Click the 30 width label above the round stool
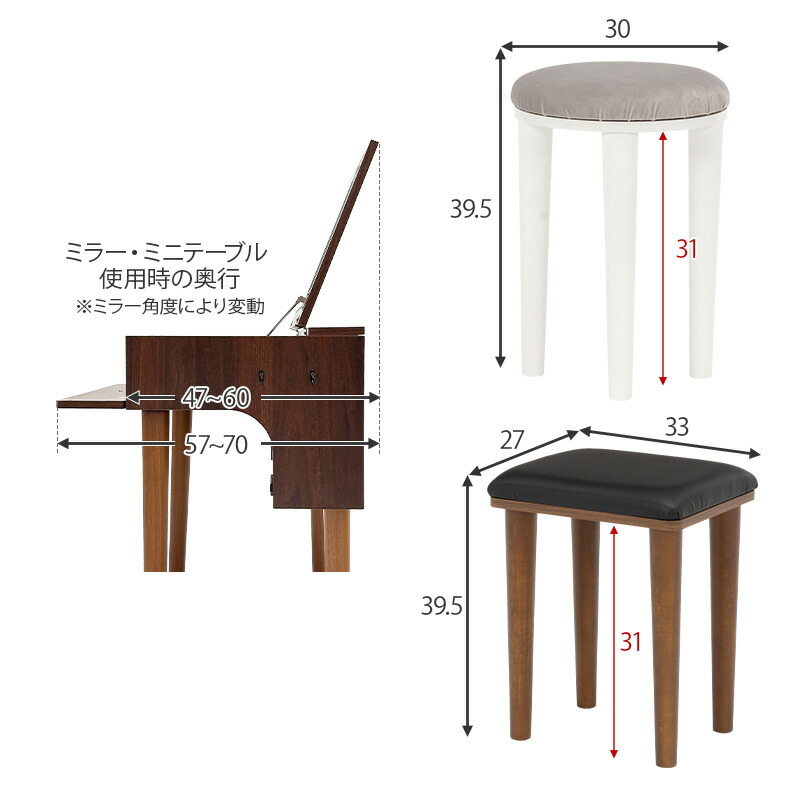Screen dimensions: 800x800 tap(617, 30)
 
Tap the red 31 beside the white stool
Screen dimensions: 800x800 tap(685, 249)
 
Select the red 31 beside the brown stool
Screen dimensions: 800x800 tap(629, 642)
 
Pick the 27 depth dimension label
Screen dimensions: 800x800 tap(511, 438)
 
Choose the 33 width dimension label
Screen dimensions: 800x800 tap(677, 427)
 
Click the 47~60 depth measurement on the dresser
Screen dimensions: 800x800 tap(216, 397)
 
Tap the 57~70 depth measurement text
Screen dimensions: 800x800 tap(214, 444)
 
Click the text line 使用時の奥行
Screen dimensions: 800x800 tap(166, 279)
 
